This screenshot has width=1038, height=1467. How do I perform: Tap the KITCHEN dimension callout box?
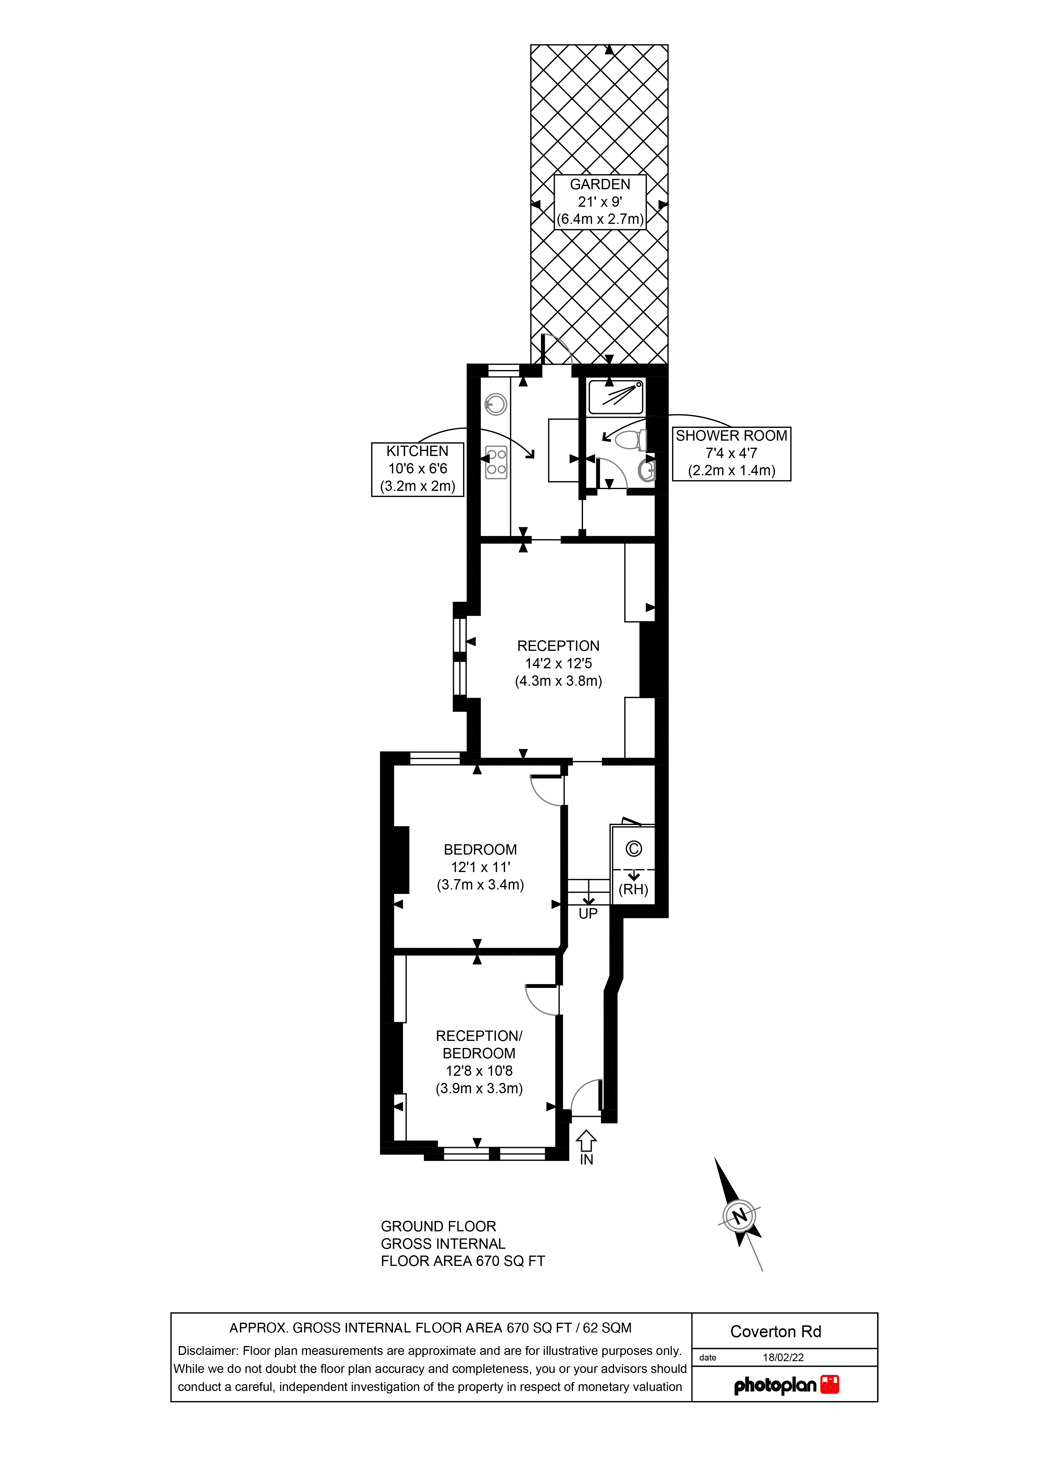(x=418, y=469)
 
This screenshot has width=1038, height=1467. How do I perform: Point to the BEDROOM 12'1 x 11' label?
(x=480, y=867)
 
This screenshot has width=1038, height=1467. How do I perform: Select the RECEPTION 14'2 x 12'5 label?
(x=558, y=663)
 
